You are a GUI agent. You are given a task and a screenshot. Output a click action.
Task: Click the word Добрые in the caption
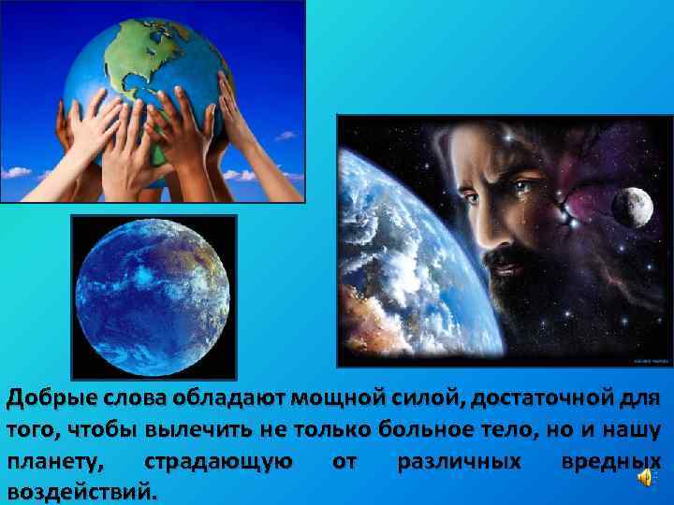(x=48, y=399)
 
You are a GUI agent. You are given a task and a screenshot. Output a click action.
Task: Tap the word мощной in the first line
(x=334, y=399)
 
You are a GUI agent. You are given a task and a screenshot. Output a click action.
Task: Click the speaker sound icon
(x=646, y=479)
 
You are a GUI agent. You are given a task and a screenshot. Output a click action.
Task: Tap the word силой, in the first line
(x=413, y=399)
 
